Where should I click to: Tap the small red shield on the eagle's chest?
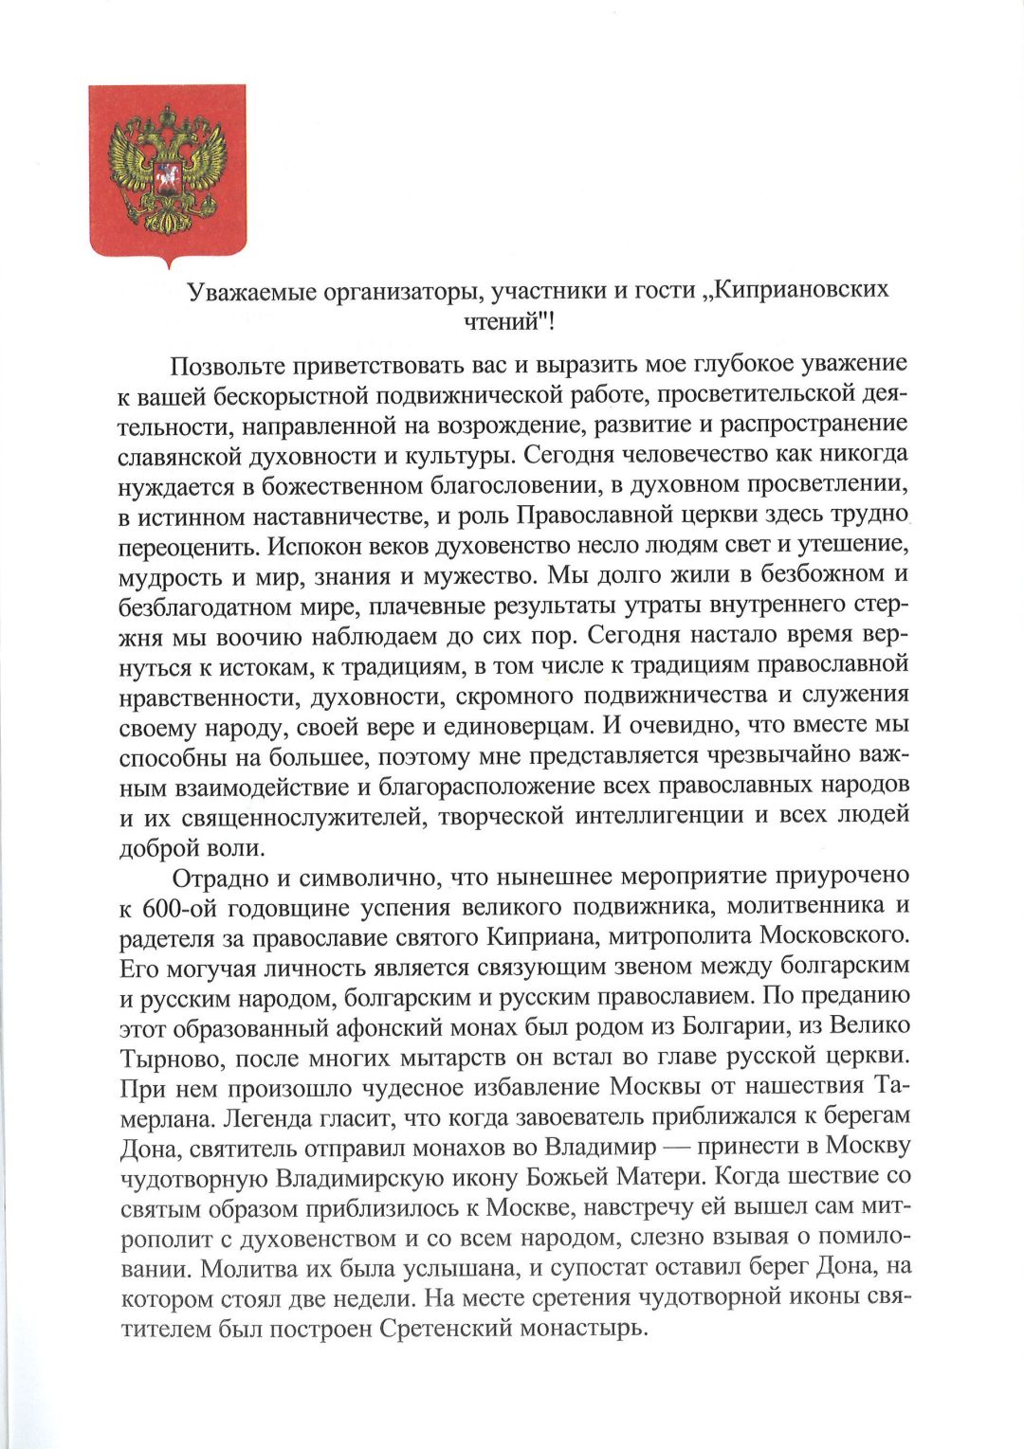[167, 178]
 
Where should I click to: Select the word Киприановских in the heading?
[801, 289]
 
